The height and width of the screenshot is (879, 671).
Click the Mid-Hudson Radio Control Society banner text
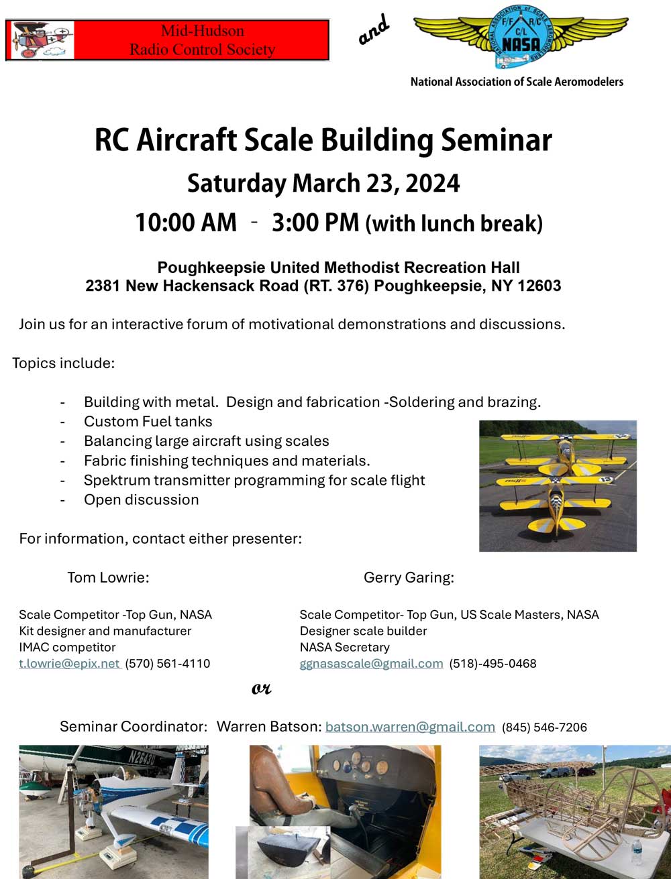(202, 40)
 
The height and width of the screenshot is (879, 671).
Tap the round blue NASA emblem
(521, 37)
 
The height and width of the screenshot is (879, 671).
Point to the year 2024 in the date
(432, 184)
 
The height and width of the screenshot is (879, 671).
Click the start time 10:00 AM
(185, 223)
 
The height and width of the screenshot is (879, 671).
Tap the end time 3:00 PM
(315, 223)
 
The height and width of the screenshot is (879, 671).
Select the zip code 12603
(539, 286)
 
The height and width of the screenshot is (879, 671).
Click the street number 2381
(103, 286)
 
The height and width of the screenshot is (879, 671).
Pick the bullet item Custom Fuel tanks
(148, 421)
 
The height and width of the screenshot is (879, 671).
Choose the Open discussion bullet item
(141, 500)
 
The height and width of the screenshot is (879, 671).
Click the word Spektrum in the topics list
(117, 481)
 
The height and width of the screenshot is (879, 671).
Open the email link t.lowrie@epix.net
(70, 663)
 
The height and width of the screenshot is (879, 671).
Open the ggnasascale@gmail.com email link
(371, 663)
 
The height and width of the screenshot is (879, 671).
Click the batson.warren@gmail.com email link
(410, 726)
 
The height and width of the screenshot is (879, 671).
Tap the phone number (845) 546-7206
(544, 727)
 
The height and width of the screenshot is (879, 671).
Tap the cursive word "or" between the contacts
(261, 689)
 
